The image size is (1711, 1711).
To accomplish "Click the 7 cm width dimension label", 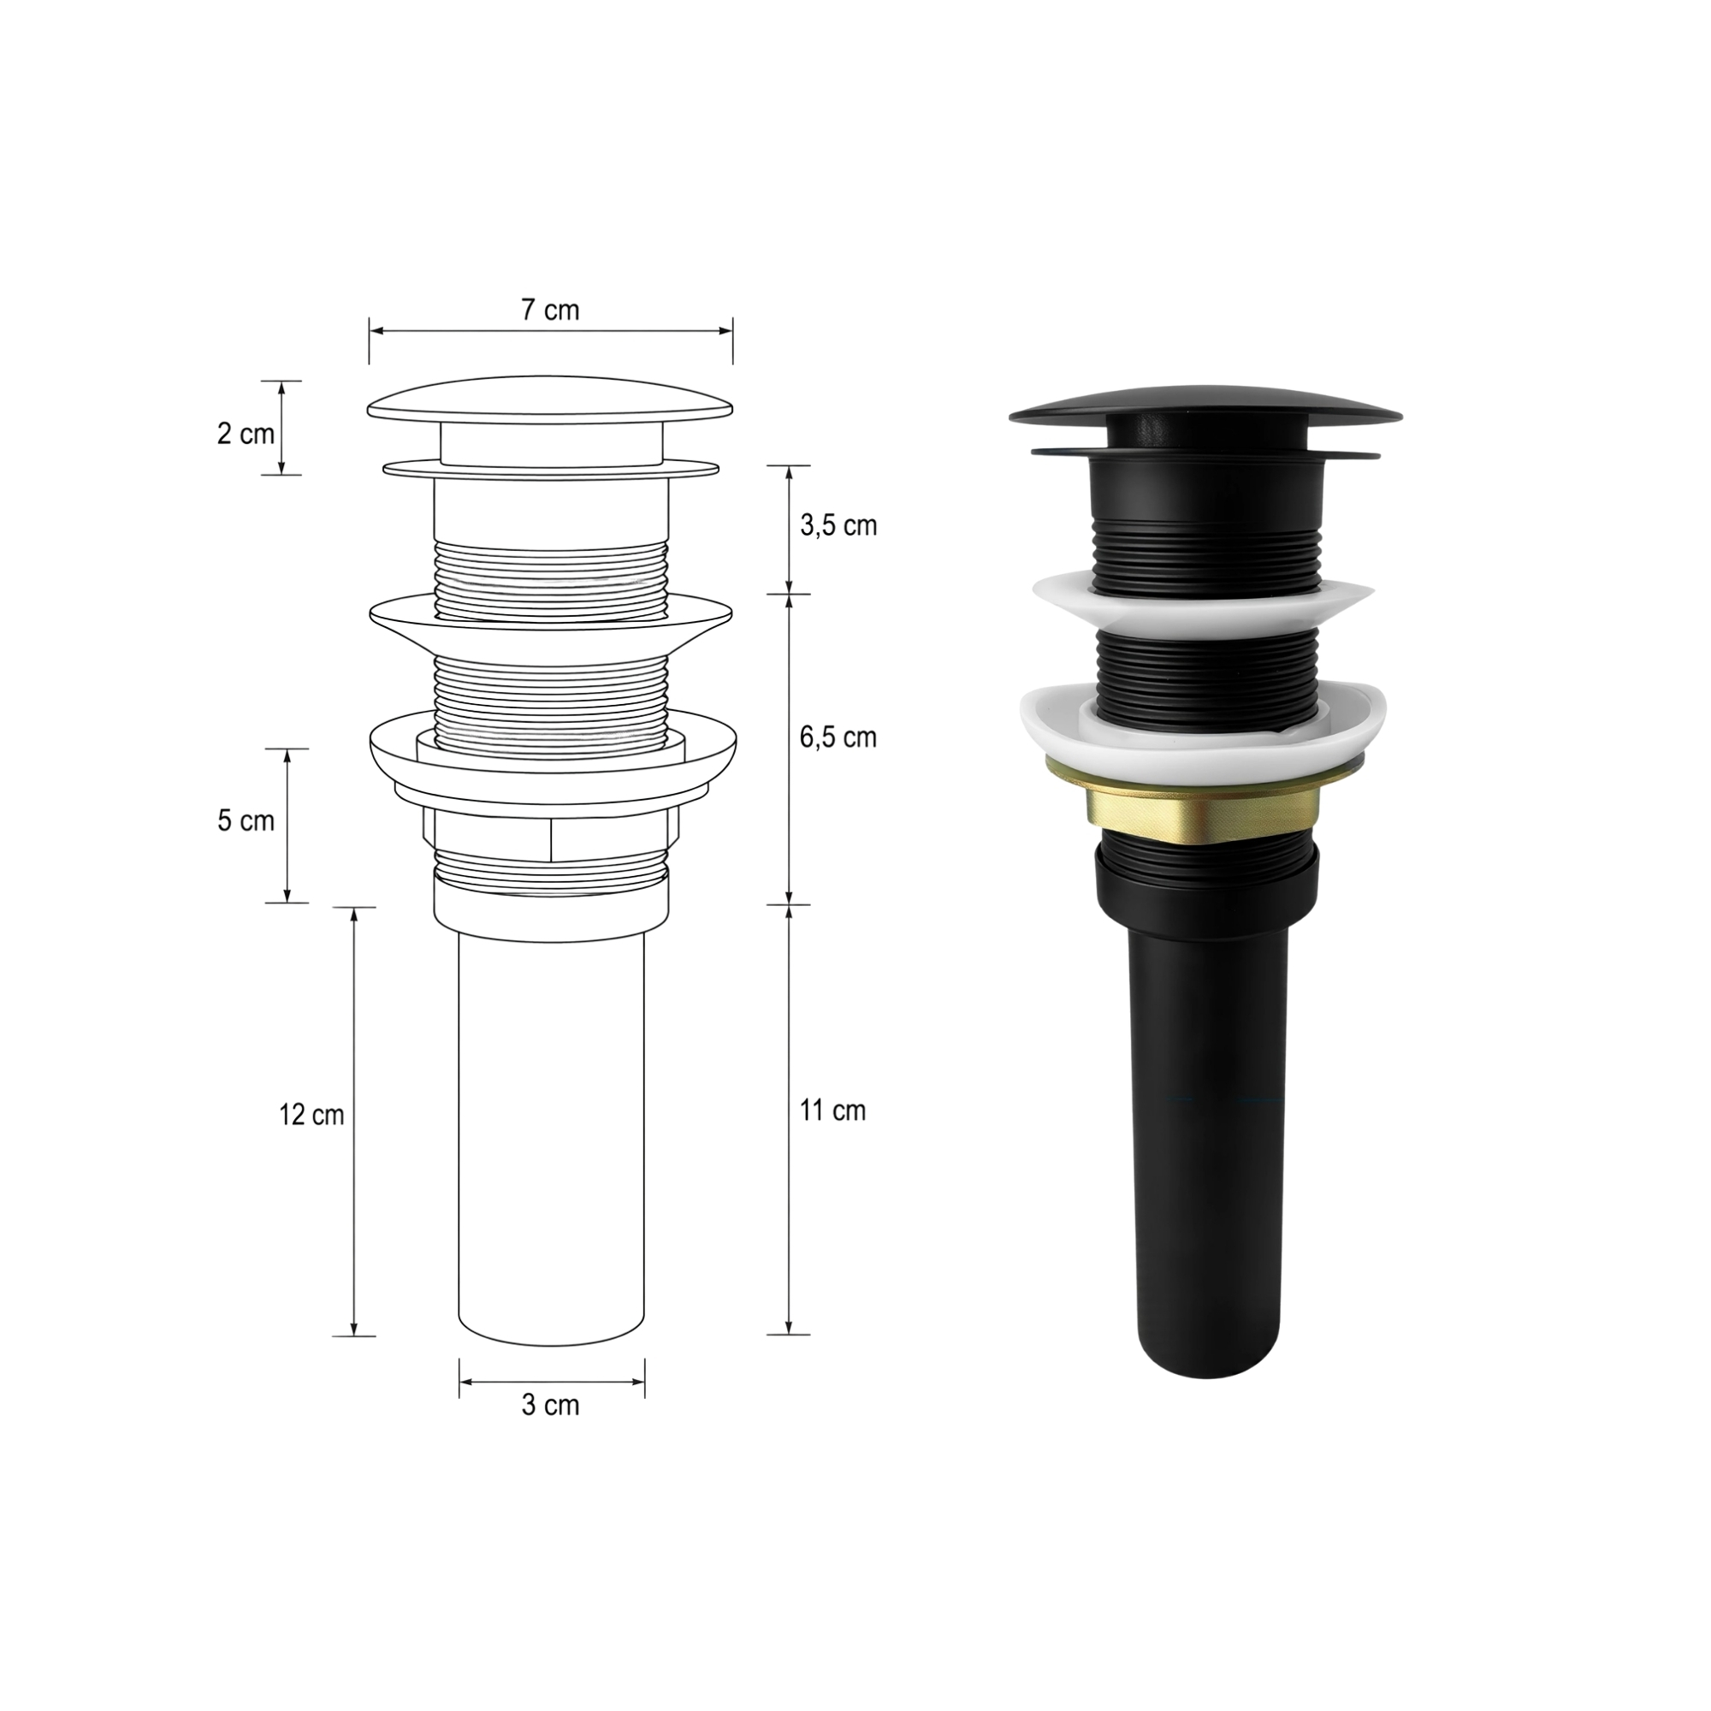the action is (x=550, y=310).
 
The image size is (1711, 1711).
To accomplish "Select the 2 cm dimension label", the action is (x=246, y=434).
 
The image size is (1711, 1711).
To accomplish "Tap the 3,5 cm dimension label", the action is (x=838, y=525).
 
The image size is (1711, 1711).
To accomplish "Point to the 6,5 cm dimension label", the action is (x=838, y=737).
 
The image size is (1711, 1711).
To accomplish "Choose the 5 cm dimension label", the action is (x=246, y=821).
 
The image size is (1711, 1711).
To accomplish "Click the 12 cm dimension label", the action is (x=311, y=1115).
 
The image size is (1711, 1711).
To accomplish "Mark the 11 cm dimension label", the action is (x=832, y=1110).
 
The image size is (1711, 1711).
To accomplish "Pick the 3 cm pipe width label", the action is (x=550, y=1406).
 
